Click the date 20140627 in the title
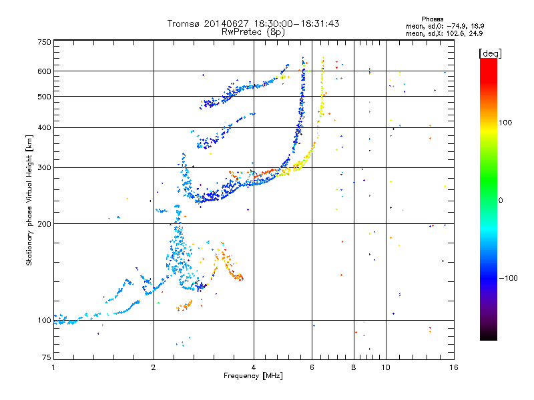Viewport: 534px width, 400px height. coord(226,23)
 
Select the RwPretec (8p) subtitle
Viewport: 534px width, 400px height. coord(253,32)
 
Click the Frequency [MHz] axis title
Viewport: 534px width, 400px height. coord(253,376)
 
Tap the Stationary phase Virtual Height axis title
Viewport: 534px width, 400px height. coord(29,201)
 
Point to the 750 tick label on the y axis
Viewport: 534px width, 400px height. coord(44,42)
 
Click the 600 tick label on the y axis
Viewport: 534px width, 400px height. coord(44,71)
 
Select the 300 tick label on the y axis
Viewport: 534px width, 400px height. coord(44,168)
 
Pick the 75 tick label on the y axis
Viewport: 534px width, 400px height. coord(47,357)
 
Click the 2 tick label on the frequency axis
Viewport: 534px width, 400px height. coord(154,367)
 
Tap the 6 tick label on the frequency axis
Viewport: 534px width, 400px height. coord(312,367)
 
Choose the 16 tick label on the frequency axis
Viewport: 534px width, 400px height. coord(454,367)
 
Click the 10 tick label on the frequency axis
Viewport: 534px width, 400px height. coord(386,367)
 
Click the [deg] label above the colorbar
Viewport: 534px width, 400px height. coord(490,54)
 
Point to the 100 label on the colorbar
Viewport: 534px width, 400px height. coord(505,123)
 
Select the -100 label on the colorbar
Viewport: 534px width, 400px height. coord(508,278)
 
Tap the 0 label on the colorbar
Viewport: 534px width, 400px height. coord(501,201)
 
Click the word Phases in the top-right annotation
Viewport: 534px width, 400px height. coord(432,19)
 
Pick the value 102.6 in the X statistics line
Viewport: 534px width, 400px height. coord(456,33)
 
